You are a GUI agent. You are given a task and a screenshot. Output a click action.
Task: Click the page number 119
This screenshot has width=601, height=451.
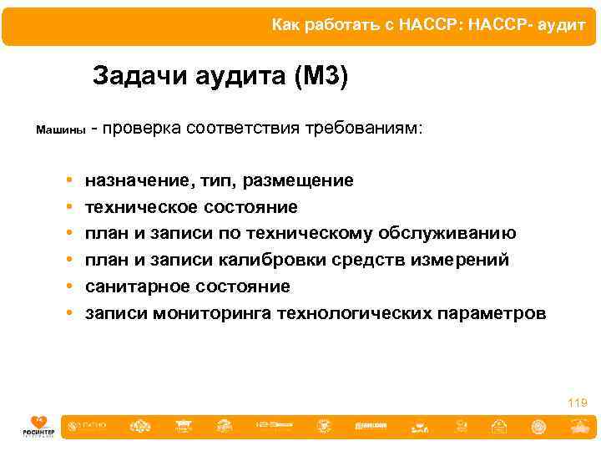(577, 403)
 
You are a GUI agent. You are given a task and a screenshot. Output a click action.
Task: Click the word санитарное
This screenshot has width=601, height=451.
(137, 286)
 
